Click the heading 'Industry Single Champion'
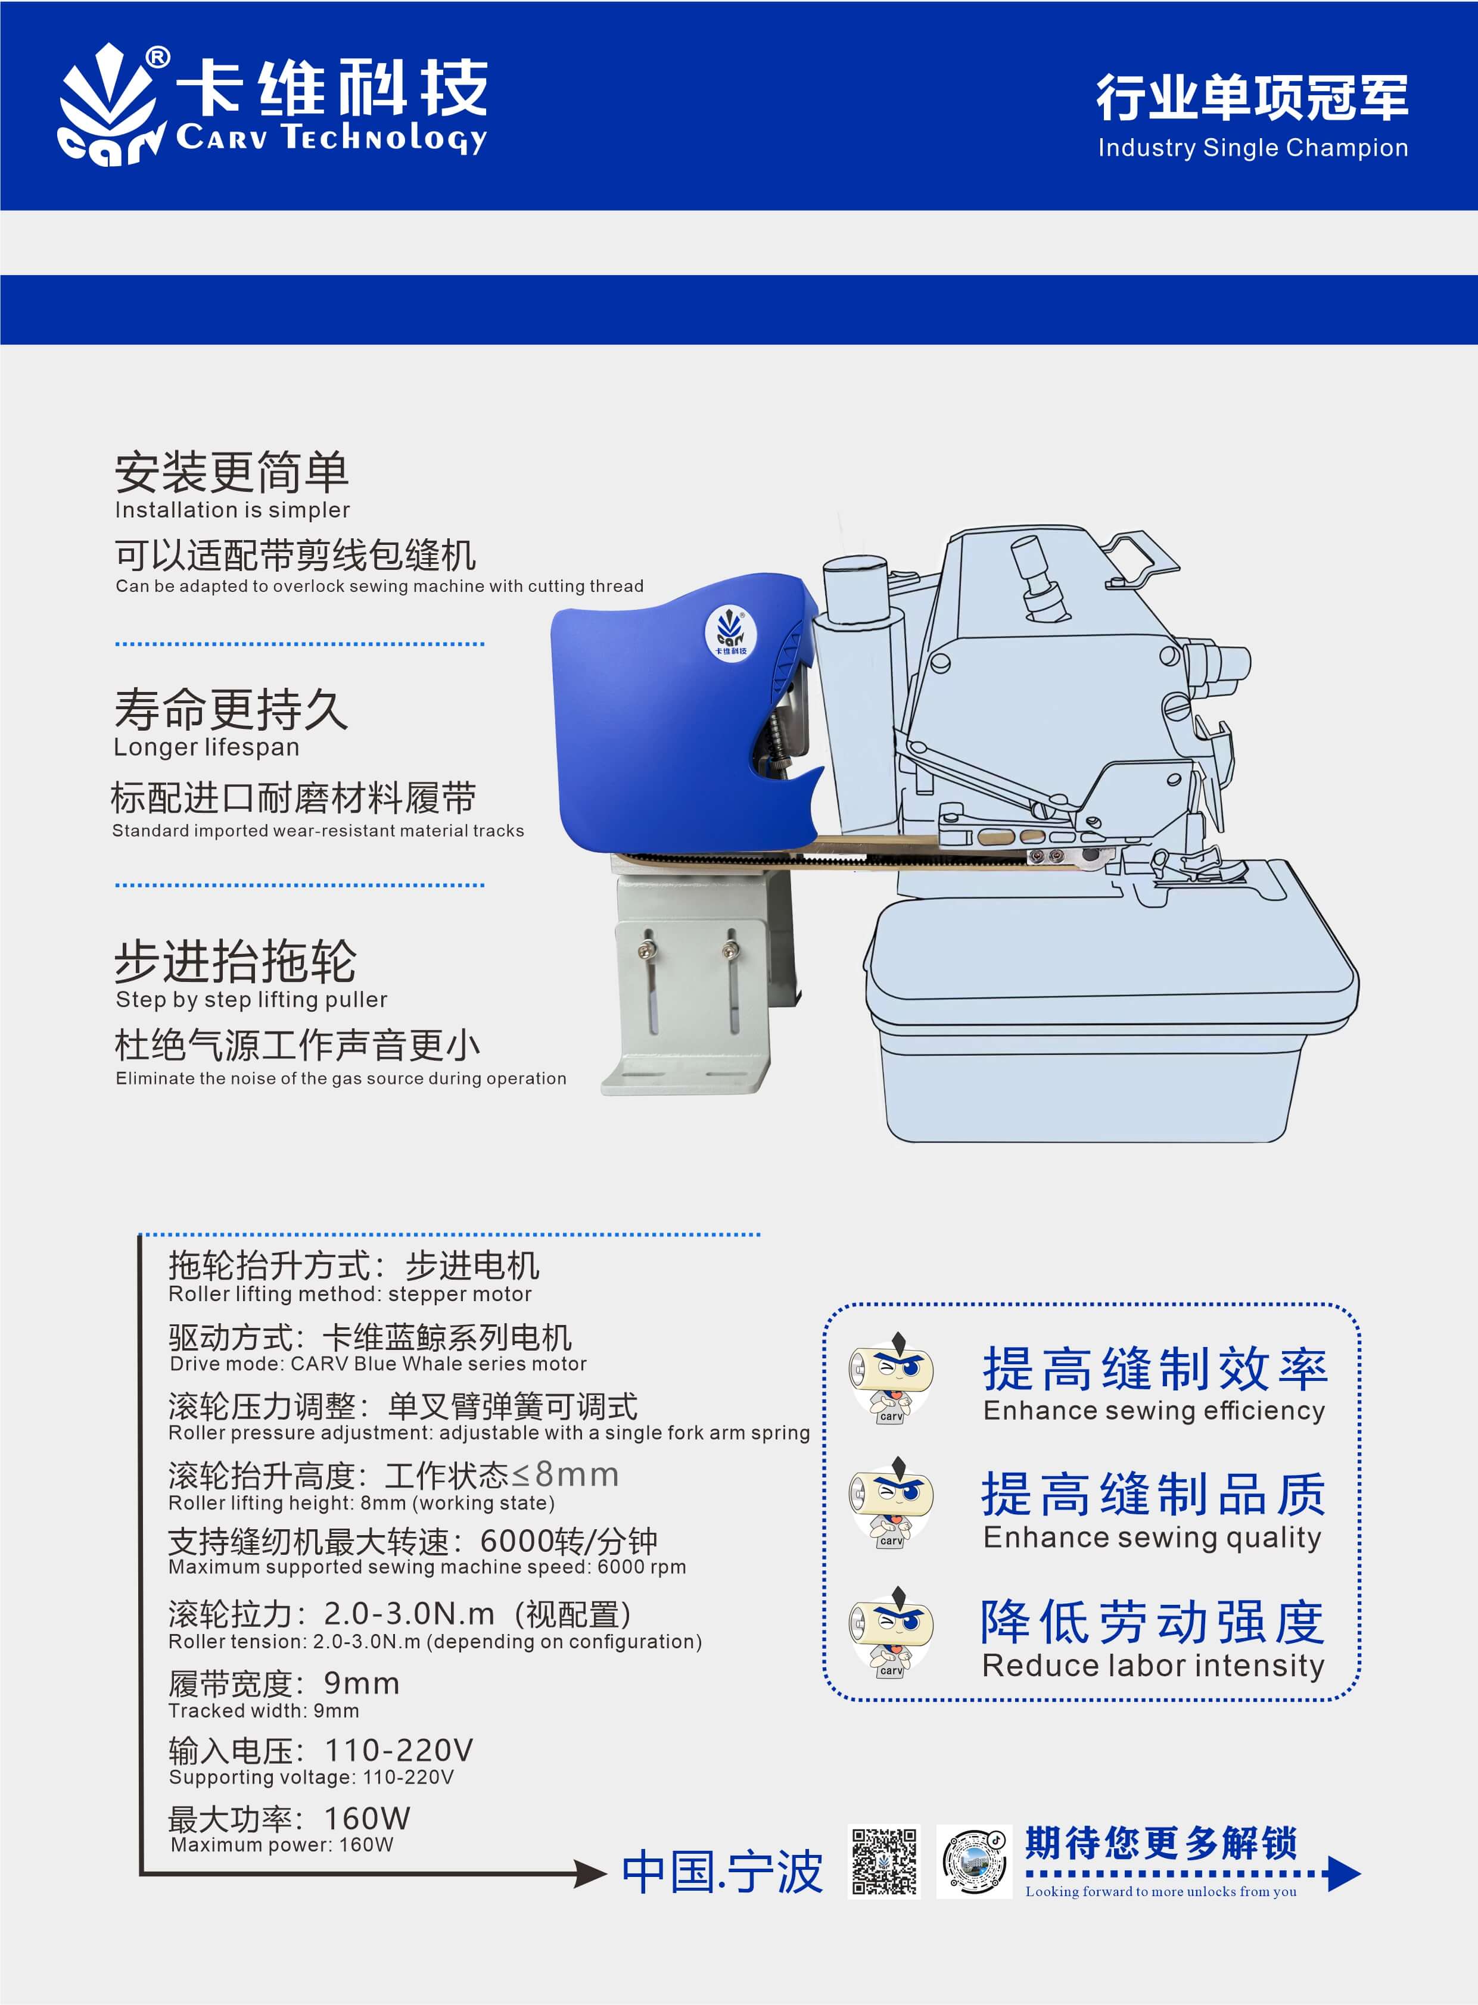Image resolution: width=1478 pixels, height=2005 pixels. (1253, 148)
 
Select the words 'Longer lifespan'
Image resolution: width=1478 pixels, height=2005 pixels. (207, 747)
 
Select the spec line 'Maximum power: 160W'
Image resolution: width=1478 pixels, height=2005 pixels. (282, 1844)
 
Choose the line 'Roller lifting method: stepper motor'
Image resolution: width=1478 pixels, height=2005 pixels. (350, 1294)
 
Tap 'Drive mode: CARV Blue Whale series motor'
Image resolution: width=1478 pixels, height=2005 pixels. (378, 1363)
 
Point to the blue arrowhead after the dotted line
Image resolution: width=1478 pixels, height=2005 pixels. (1344, 1873)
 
